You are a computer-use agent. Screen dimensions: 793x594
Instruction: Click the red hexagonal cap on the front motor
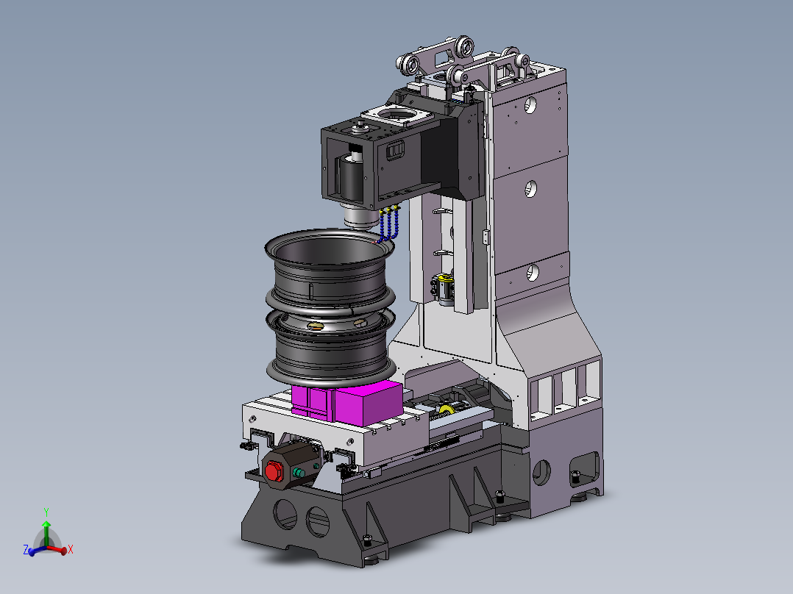(x=273, y=471)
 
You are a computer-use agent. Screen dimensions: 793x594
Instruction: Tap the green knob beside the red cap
(x=299, y=473)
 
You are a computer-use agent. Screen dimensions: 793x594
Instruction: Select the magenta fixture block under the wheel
(x=347, y=402)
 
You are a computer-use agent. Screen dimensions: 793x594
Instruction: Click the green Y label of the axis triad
(x=46, y=512)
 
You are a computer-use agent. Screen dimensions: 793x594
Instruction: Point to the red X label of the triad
(x=71, y=549)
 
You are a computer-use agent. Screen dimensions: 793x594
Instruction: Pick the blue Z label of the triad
(x=25, y=549)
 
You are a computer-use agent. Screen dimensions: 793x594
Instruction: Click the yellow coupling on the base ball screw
(x=446, y=410)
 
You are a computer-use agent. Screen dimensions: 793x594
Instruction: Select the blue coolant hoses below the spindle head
(x=388, y=224)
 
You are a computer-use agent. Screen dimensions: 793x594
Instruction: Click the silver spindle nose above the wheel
(x=360, y=218)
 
